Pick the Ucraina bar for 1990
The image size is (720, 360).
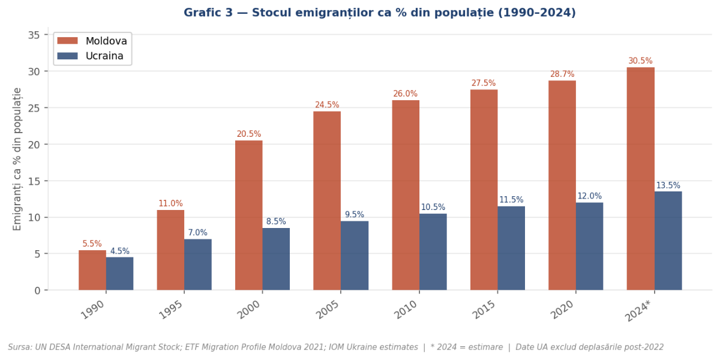pyautogui.click(x=119, y=274)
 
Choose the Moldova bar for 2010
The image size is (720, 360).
pyautogui.click(x=406, y=195)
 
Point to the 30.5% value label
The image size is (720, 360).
pyautogui.click(x=640, y=61)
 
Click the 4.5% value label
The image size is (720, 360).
pyautogui.click(x=119, y=251)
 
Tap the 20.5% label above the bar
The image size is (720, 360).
pyautogui.click(x=248, y=134)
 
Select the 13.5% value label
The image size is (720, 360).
pyautogui.click(x=668, y=186)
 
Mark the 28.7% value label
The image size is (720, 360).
pyautogui.click(x=562, y=74)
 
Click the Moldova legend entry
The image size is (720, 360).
pyautogui.click(x=106, y=41)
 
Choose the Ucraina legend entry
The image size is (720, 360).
pyautogui.click(x=104, y=56)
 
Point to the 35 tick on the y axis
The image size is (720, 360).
pyautogui.click(x=34, y=35)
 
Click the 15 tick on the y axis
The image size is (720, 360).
pyautogui.click(x=34, y=181)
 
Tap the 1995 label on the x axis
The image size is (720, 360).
pyautogui.click(x=170, y=310)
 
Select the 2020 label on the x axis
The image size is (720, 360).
pyautogui.click(x=562, y=310)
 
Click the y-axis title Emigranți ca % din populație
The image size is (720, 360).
pyautogui.click(x=17, y=158)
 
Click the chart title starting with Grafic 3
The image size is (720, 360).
pyautogui.click(x=379, y=13)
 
